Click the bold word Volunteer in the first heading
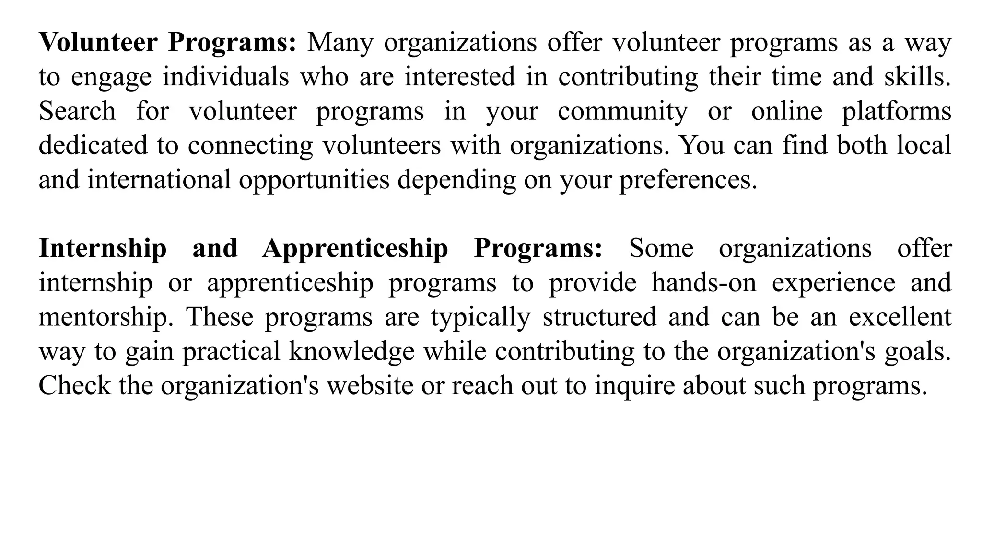point(98,42)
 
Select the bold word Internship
point(103,248)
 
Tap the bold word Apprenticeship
point(355,248)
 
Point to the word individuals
point(226,77)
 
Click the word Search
point(77,111)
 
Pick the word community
point(623,111)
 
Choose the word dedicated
point(93,146)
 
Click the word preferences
point(688,180)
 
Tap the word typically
point(480,317)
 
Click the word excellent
point(900,317)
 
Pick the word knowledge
point(351,352)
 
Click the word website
point(370,386)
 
